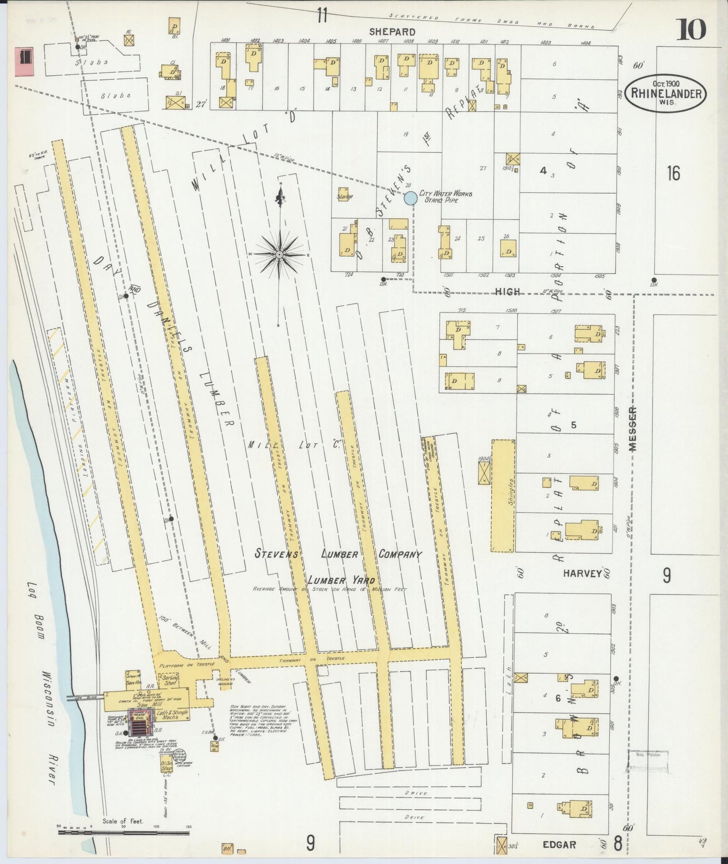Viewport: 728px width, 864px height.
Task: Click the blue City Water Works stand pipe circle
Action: coord(411,198)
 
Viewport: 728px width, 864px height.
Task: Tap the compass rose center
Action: coord(279,255)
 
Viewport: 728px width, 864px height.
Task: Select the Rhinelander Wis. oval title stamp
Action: coord(666,93)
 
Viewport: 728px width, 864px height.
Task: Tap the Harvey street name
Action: coord(582,573)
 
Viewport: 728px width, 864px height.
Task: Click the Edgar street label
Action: coord(559,844)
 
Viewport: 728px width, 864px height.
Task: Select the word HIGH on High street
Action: coord(507,291)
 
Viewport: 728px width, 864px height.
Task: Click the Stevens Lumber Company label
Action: coord(338,554)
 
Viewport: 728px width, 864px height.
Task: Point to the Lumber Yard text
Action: coord(342,580)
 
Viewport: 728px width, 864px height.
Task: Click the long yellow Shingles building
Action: coord(503,496)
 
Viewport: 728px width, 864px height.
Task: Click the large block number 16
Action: coord(673,173)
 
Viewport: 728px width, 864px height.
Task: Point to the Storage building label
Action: coord(345,197)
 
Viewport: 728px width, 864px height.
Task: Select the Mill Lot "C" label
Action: coord(295,445)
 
